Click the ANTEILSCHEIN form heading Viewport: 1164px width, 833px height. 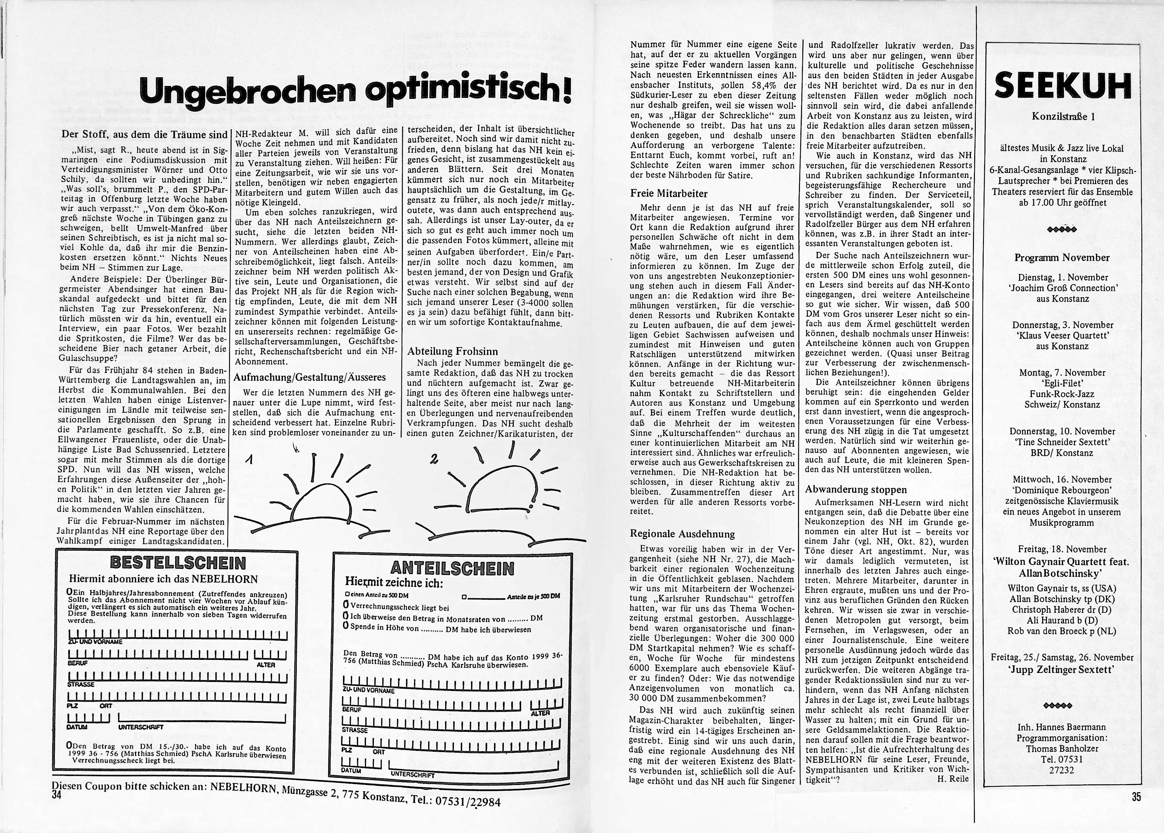[x=452, y=568]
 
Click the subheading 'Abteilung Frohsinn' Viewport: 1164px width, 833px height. [x=452, y=351]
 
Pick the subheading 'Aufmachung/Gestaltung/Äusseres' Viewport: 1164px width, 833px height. [x=309, y=377]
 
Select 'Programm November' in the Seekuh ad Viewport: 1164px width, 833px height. [x=1062, y=257]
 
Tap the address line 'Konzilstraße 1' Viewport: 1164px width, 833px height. [x=1062, y=116]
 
